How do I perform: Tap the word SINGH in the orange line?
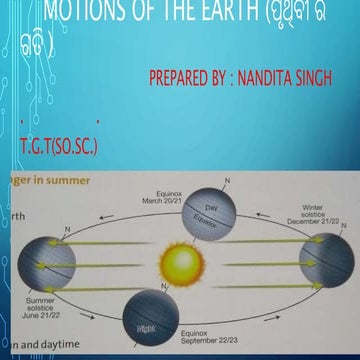point(333,77)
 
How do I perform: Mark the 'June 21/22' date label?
point(43,316)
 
